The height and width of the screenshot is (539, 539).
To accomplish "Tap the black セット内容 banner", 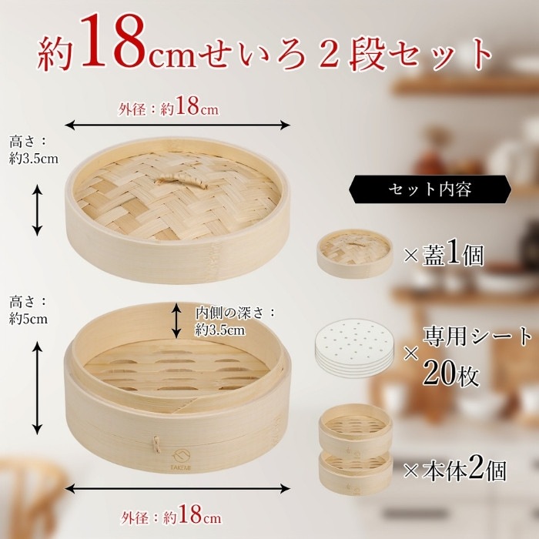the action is point(430,189).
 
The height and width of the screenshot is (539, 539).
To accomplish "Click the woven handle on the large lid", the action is point(181,180).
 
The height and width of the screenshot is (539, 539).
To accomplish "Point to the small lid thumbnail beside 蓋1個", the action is point(354,253).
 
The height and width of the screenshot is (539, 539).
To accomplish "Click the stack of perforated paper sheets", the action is point(354,348).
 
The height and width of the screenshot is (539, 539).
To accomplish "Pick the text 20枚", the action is point(450,373).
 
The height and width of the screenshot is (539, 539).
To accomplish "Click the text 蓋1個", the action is point(453,254).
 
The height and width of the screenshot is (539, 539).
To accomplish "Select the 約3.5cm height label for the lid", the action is point(34,159).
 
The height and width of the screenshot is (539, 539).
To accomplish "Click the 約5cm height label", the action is point(28,319).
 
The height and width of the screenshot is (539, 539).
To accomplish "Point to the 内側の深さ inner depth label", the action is point(236,321).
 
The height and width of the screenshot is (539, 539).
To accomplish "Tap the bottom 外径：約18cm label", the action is point(171,516).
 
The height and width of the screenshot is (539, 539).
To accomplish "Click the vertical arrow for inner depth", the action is point(176,320).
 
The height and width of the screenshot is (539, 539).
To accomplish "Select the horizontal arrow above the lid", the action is point(177,125).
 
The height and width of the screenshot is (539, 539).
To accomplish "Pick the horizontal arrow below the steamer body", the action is point(177,488).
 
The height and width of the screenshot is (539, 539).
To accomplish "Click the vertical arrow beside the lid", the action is point(37,210).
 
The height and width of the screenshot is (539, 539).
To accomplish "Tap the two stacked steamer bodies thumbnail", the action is point(356,450).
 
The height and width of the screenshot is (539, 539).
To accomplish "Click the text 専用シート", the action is point(477,336).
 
